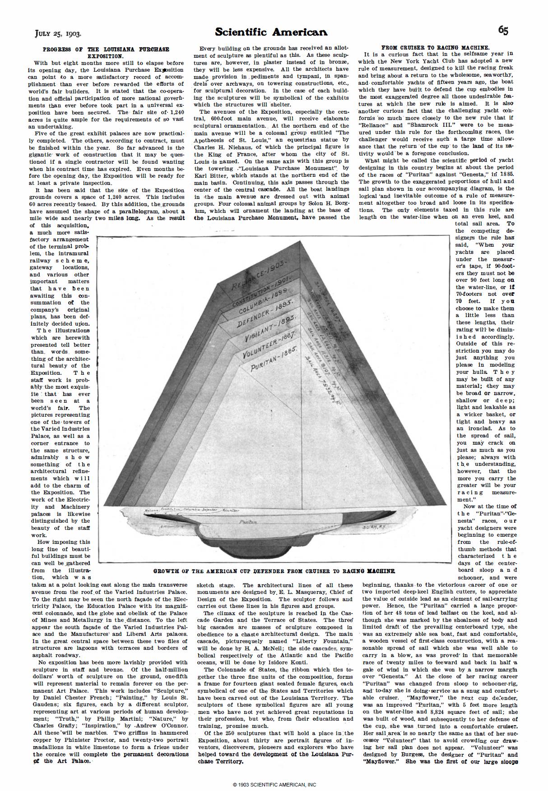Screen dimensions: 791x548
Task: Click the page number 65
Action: (503, 31)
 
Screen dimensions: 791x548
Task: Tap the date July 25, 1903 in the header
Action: (58, 33)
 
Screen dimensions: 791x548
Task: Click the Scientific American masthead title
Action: (271, 32)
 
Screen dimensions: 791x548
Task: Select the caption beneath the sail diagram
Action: (274, 571)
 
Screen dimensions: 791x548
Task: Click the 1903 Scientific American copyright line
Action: (274, 784)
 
